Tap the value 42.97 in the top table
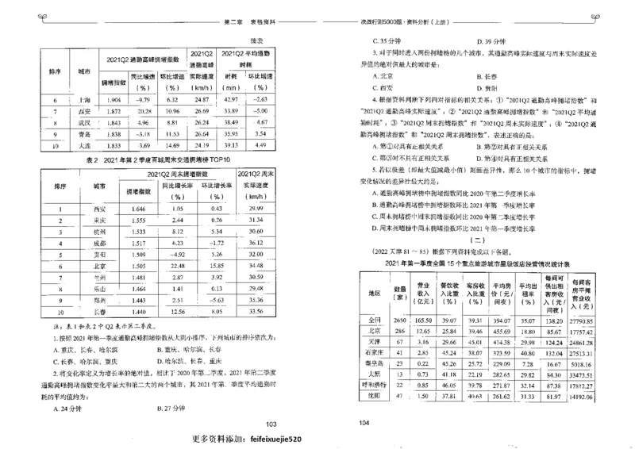(x=230, y=100)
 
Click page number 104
(x=366, y=424)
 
